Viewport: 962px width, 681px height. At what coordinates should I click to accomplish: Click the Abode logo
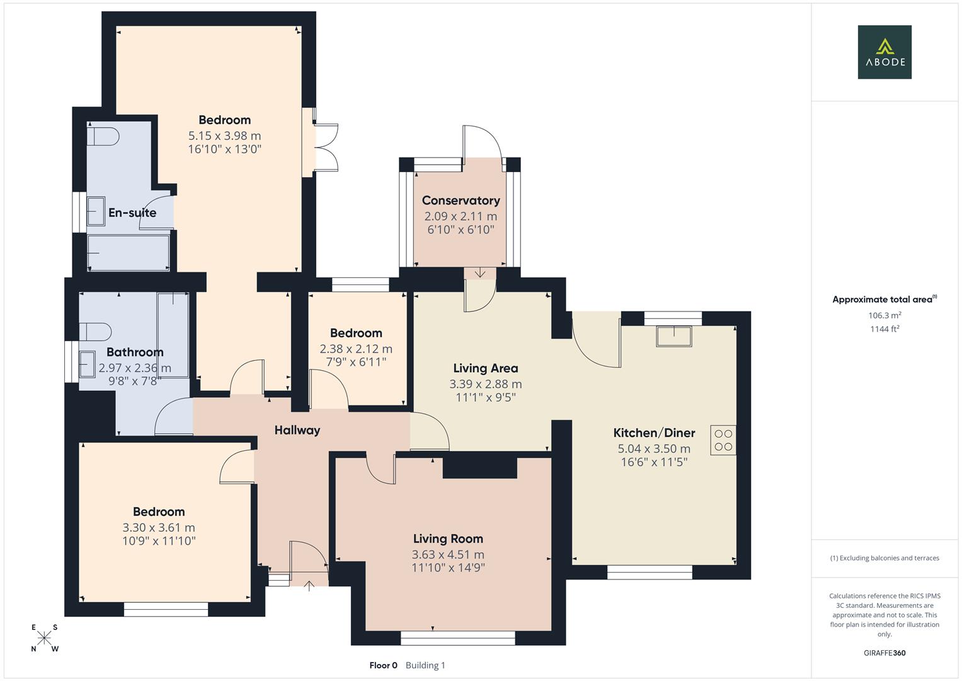885,52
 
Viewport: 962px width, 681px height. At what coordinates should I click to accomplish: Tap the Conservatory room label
461,201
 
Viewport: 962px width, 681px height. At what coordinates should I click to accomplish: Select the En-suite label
132,213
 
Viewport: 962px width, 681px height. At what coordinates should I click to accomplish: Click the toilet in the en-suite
105,136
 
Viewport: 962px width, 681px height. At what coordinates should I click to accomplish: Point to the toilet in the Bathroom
96,332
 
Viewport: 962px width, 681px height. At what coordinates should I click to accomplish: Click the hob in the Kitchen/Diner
723,440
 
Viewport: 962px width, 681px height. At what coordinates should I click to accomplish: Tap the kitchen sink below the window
673,335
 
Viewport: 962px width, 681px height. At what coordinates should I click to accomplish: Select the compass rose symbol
45,638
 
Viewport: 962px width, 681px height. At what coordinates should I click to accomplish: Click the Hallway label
297,430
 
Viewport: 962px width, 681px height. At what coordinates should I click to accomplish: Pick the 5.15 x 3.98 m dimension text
224,136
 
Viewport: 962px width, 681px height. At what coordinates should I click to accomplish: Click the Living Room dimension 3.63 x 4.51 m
448,555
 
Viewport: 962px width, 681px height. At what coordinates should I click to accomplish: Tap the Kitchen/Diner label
654,433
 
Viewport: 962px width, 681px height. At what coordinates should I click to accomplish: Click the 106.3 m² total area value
885,315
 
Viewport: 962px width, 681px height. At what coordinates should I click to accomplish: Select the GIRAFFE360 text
885,653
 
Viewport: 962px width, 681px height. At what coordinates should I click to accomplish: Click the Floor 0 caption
383,665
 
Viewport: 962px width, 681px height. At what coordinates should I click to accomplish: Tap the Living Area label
485,368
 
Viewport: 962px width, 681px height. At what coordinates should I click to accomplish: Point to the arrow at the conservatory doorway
480,273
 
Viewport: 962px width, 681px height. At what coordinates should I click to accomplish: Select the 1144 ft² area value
885,329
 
